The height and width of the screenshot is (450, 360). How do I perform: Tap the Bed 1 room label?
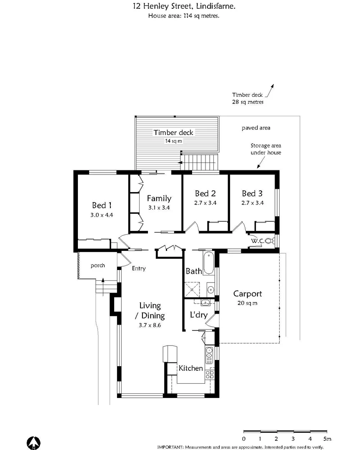[x=102, y=205]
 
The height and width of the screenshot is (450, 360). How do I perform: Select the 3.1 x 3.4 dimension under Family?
[x=159, y=207]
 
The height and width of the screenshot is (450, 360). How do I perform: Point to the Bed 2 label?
[x=205, y=193]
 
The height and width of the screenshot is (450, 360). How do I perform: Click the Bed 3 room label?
[x=252, y=193]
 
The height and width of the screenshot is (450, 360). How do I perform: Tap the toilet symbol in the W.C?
[x=268, y=241]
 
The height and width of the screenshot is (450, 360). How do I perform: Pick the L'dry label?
[x=199, y=315]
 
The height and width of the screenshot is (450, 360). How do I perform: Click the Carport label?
[x=247, y=293]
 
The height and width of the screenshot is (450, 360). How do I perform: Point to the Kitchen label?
[x=191, y=368]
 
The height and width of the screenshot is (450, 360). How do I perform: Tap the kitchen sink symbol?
[x=209, y=352]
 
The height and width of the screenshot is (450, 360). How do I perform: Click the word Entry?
[x=139, y=268]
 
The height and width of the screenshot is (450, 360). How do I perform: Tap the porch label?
[x=98, y=265]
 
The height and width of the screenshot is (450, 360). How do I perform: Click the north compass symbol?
[x=33, y=442]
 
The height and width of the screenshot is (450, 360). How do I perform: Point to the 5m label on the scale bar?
[x=327, y=439]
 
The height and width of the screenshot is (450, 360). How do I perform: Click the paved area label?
[x=256, y=128]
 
